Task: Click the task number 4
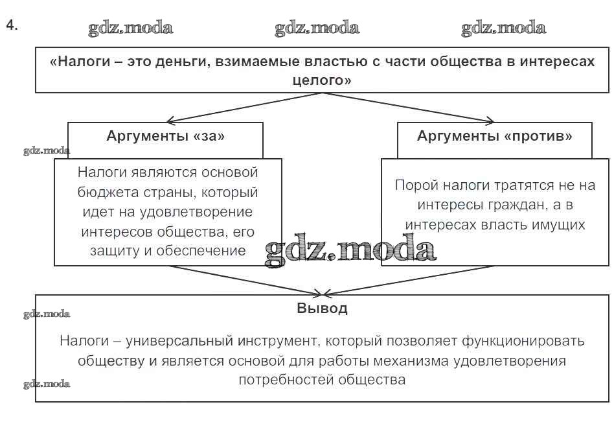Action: (10, 25)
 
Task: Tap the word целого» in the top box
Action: (322, 81)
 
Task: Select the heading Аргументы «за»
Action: (166, 136)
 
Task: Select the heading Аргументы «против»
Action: (495, 136)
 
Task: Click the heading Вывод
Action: (322, 309)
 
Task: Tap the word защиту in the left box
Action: (108, 250)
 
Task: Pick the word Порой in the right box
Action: (416, 185)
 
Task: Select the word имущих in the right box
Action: (558, 224)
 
